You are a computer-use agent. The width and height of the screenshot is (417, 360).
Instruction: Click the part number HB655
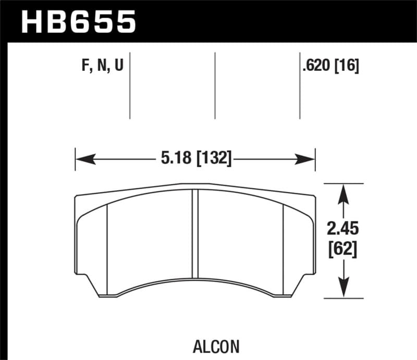pyautogui.click(x=78, y=21)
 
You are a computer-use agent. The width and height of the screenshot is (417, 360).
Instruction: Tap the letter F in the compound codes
pyautogui.click(x=86, y=67)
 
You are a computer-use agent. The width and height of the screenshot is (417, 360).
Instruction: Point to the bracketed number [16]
pyautogui.click(x=347, y=67)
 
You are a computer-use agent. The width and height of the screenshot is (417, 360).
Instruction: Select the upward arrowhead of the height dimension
pyautogui.click(x=342, y=193)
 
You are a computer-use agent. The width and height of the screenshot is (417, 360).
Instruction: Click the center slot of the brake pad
pyautogui.click(x=195, y=234)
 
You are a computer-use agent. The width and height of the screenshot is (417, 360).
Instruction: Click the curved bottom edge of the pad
pyautogui.click(x=195, y=278)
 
